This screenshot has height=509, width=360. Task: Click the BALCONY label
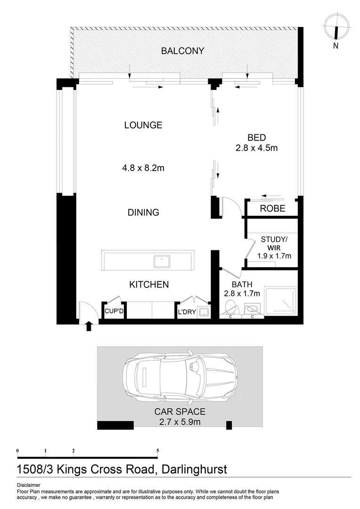[x=182, y=51]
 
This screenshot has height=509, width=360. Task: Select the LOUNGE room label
[x=143, y=125]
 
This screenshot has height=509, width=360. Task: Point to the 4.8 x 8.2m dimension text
[x=143, y=167]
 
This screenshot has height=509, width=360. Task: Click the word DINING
[x=143, y=213]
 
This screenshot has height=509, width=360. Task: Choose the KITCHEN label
[x=149, y=285]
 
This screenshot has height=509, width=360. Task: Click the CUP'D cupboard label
[x=114, y=312]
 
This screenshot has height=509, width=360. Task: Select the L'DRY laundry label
[x=187, y=312]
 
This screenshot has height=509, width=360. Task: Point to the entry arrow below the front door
[x=89, y=326]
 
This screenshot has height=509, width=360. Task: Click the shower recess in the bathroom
[x=281, y=301]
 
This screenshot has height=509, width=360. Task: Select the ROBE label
[x=273, y=208]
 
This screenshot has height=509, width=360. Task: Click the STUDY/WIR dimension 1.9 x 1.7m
[x=274, y=256]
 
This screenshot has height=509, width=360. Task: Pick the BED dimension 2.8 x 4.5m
[x=256, y=148]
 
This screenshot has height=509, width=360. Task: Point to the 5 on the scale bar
[x=157, y=450]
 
